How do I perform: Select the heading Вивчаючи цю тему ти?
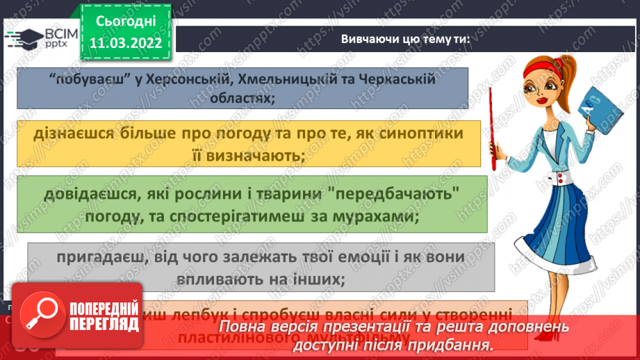405,39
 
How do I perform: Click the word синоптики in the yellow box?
423,133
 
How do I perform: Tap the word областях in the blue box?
241,97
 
